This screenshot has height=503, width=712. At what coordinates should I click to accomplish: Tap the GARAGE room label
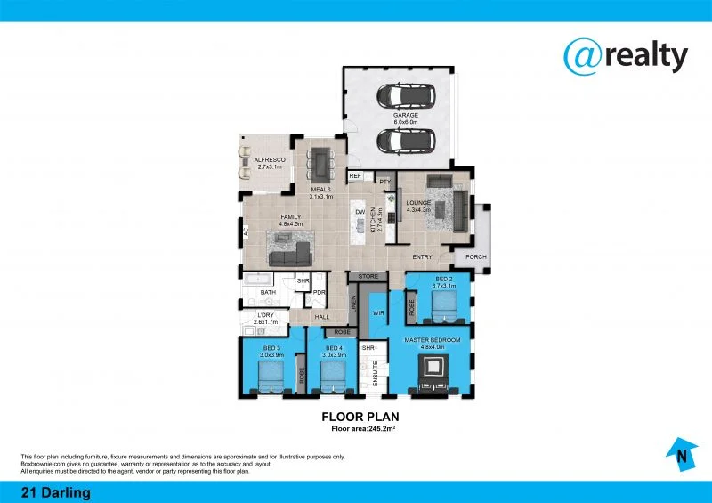click(x=405, y=116)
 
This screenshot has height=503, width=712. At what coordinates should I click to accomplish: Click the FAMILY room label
click(x=291, y=217)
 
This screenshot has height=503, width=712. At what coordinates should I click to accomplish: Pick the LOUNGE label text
click(x=418, y=203)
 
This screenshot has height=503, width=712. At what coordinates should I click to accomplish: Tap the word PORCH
click(x=476, y=257)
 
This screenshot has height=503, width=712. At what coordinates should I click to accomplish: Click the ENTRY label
click(x=422, y=257)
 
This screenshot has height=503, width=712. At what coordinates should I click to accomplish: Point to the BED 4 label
click(x=334, y=348)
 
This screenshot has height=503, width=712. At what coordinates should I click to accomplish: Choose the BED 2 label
click(x=443, y=280)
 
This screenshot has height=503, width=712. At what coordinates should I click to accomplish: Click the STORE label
click(x=368, y=277)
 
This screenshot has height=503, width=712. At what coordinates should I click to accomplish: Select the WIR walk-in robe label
click(x=377, y=313)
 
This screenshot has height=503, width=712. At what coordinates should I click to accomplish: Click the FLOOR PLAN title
click(x=359, y=416)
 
